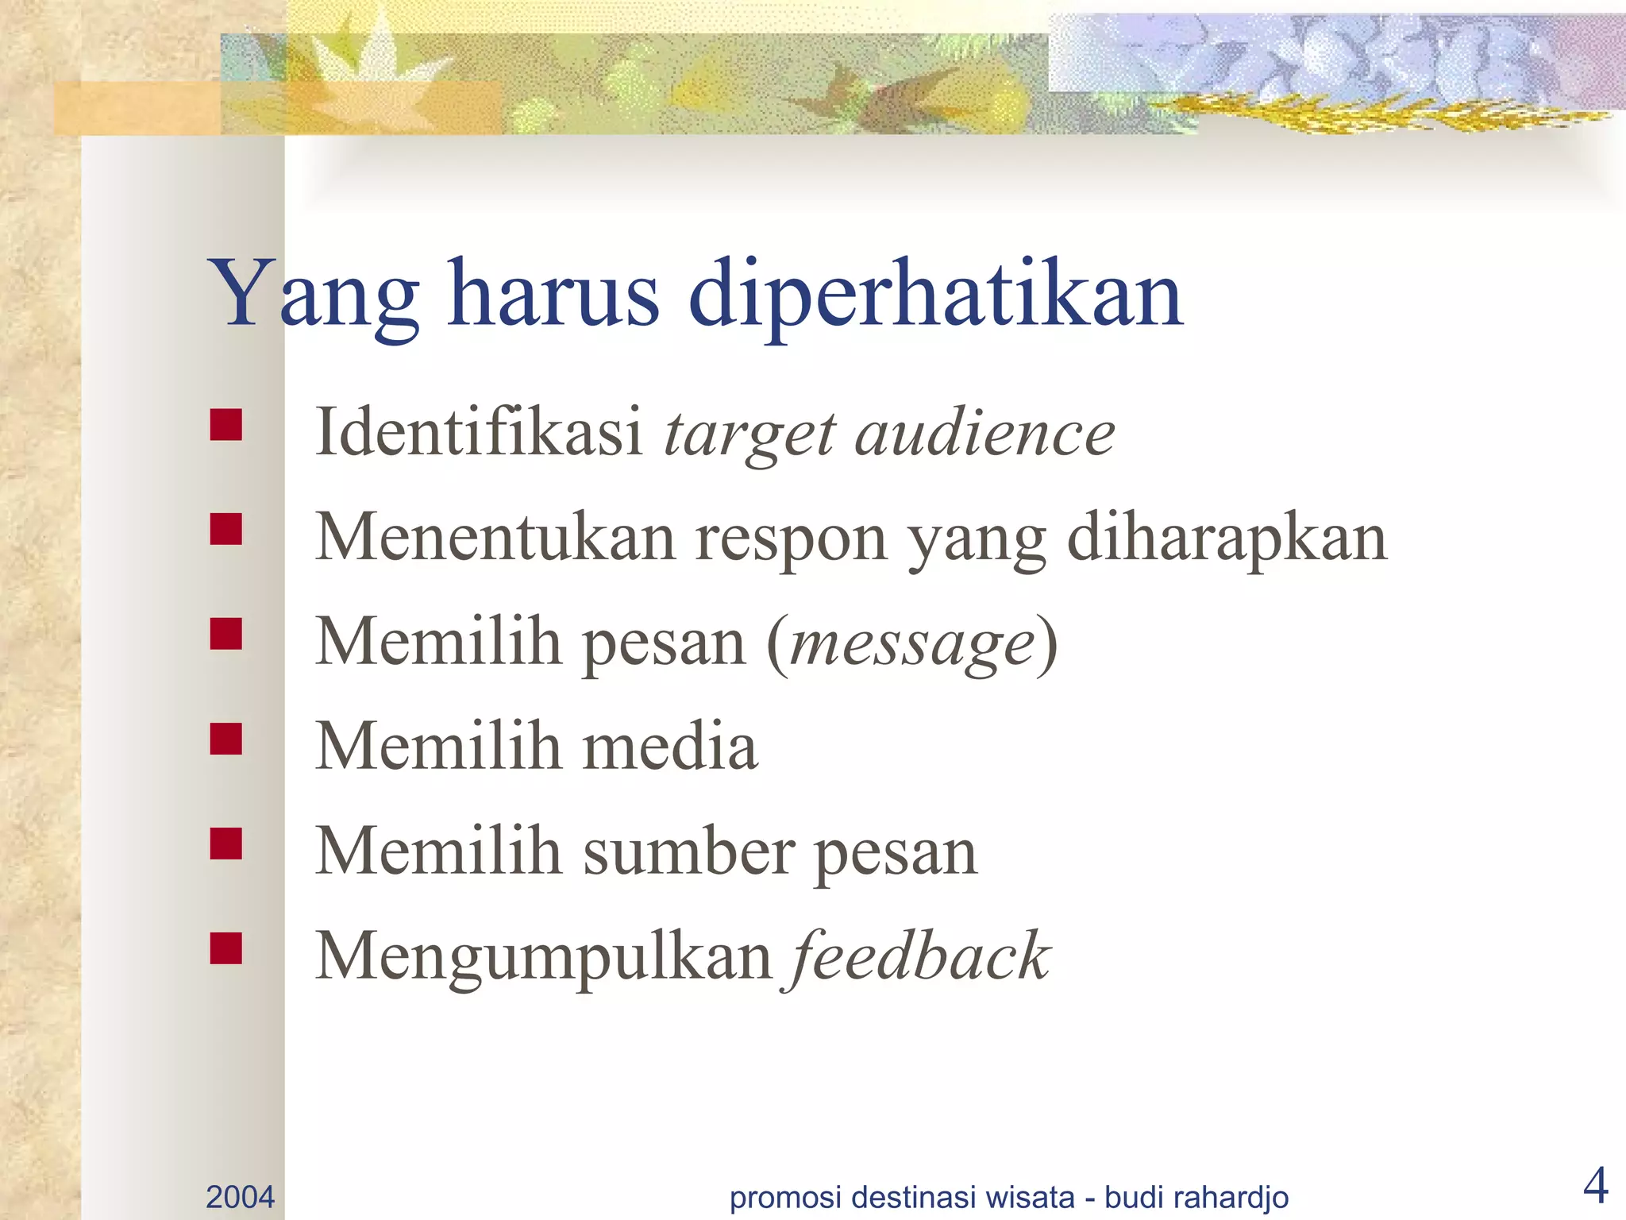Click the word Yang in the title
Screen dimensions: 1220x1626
[x=313, y=295]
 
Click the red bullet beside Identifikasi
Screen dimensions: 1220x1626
[x=226, y=425]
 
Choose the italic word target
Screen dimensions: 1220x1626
[x=749, y=435]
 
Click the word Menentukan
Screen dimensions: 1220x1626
[x=495, y=538]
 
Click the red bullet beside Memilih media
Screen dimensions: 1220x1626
[x=226, y=739]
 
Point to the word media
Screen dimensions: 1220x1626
[x=670, y=747]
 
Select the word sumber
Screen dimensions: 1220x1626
[x=689, y=851]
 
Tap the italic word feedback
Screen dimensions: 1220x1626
[x=919, y=956]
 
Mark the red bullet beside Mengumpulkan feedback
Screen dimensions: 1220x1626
[x=226, y=948]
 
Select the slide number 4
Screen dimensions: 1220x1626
[x=1595, y=1187]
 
